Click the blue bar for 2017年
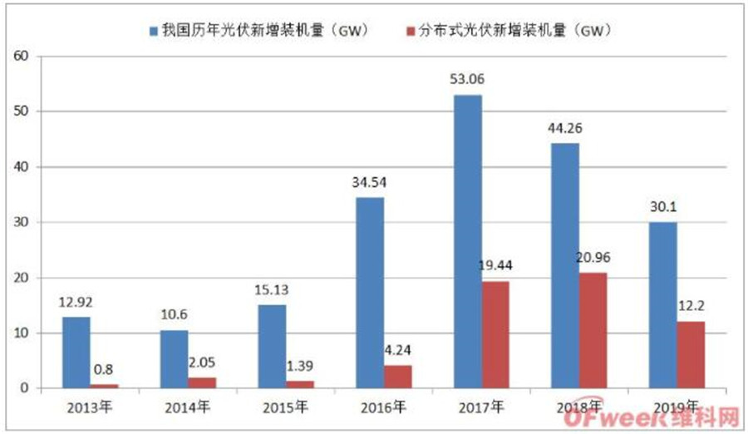467,241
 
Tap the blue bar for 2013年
76,353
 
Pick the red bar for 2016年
397,377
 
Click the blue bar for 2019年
663,305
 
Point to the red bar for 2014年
202,382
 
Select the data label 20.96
593,258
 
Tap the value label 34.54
370,182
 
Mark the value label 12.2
691,306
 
